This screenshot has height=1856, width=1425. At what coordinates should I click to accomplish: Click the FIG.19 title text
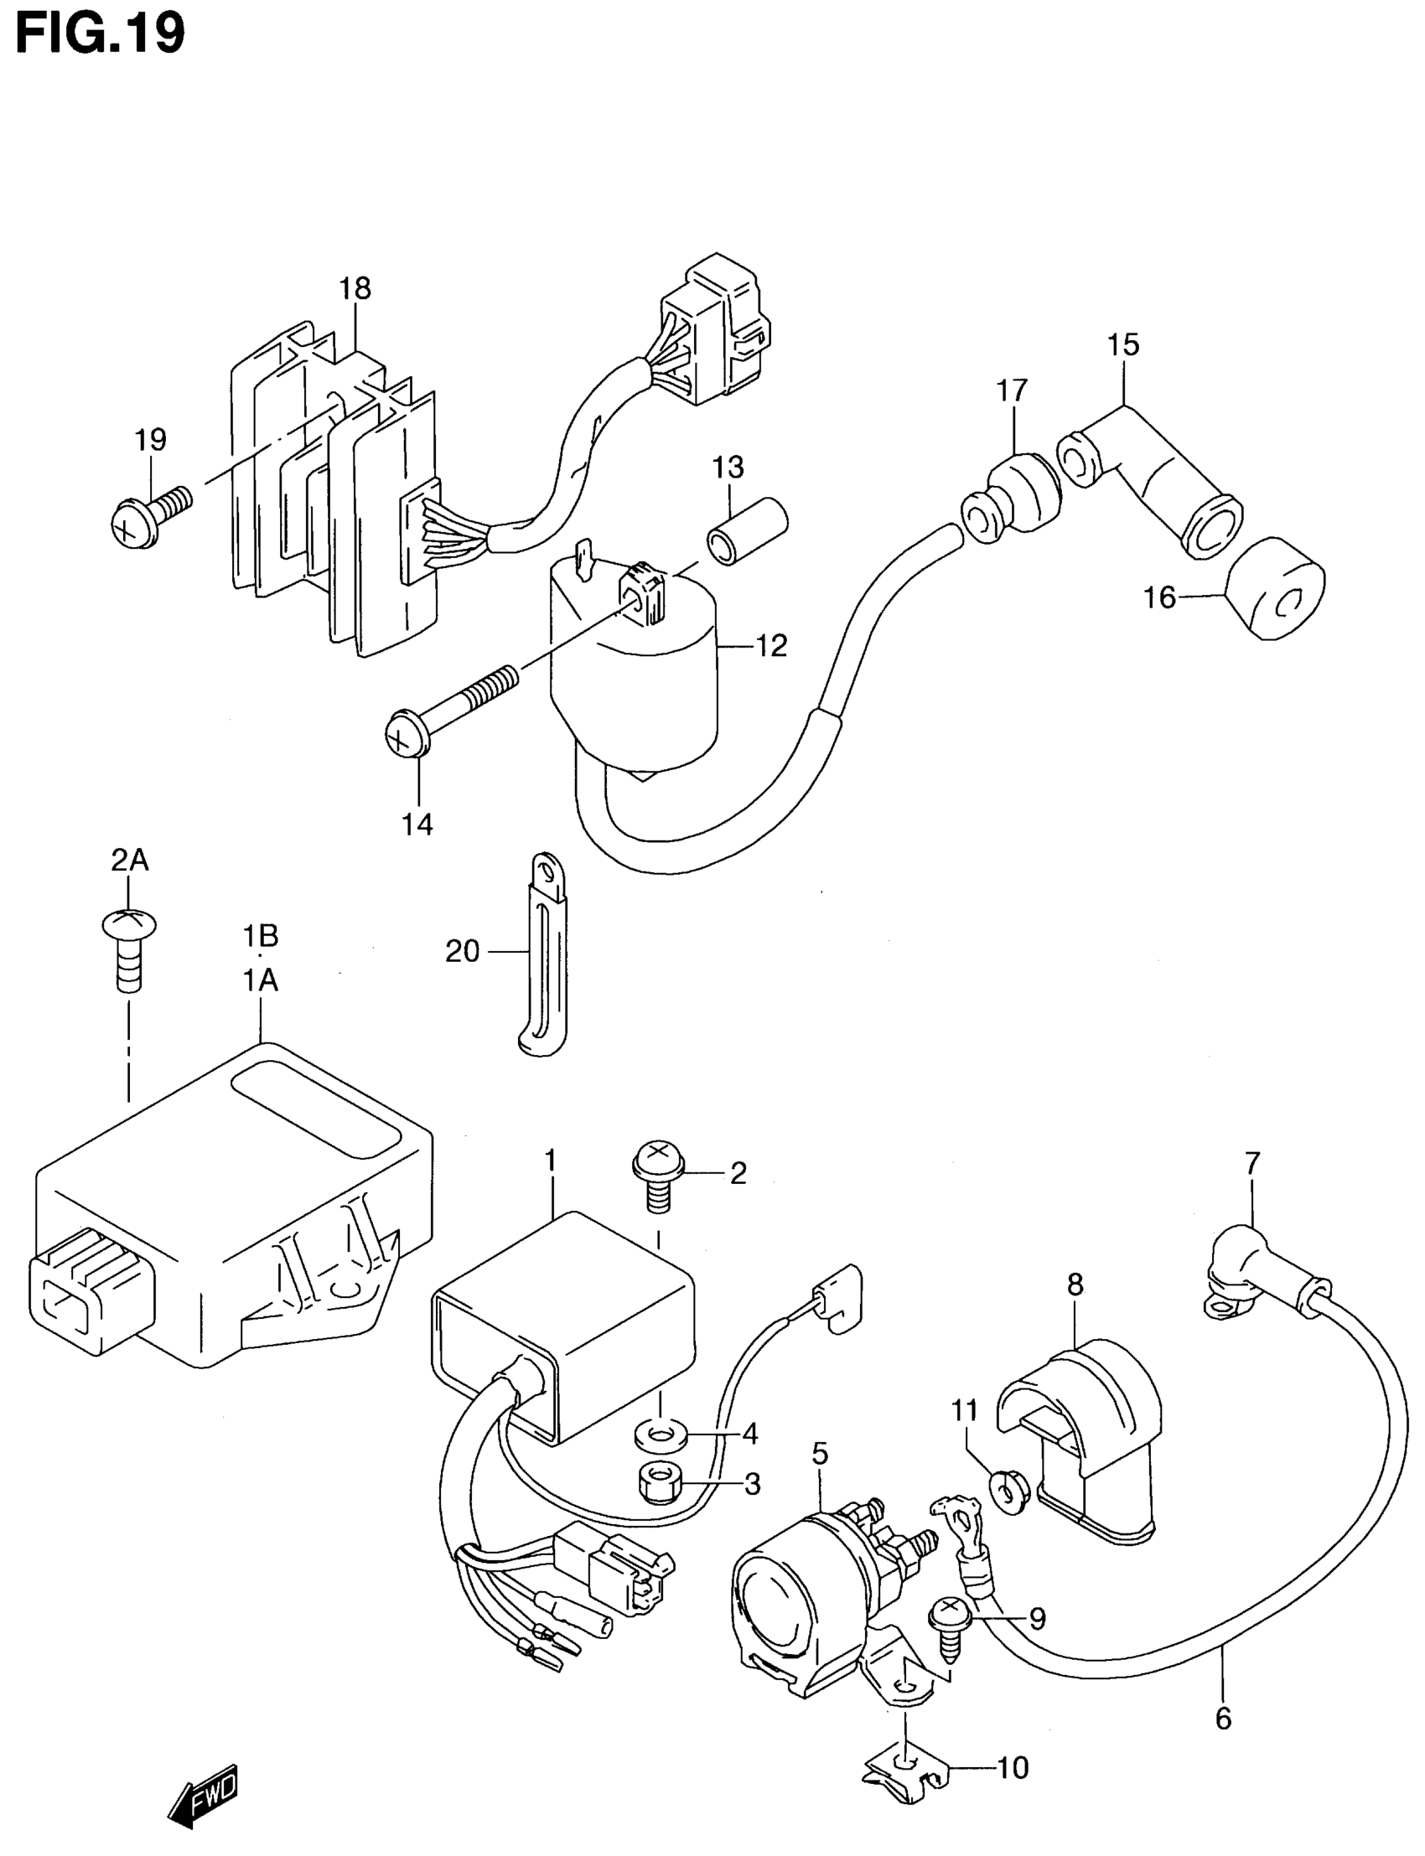(x=100, y=34)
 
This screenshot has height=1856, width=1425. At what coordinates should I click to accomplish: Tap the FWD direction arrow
(x=204, y=1794)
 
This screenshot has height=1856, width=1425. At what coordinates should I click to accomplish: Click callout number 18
(x=355, y=289)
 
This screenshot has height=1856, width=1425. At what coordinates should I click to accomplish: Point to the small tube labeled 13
(x=747, y=531)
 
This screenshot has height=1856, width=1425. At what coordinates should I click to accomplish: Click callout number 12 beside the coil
(x=771, y=646)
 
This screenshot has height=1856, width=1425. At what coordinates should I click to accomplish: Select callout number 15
(x=1123, y=346)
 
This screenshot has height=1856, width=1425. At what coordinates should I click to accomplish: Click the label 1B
(x=261, y=936)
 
